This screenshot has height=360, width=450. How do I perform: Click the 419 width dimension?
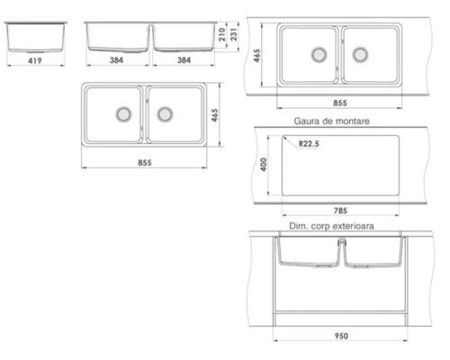[x=35, y=60]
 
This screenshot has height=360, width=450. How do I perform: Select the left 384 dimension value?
[x=116, y=60]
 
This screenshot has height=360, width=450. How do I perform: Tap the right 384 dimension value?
[x=184, y=60]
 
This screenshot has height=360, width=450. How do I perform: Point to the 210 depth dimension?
[x=221, y=34]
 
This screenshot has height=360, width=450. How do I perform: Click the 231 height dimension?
[x=233, y=34]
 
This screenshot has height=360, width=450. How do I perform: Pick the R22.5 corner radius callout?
[x=309, y=144]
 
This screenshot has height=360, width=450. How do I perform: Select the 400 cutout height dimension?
[x=264, y=165]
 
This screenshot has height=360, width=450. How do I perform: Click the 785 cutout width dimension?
[x=340, y=211]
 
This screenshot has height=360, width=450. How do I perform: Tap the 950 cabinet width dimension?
[x=341, y=336]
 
